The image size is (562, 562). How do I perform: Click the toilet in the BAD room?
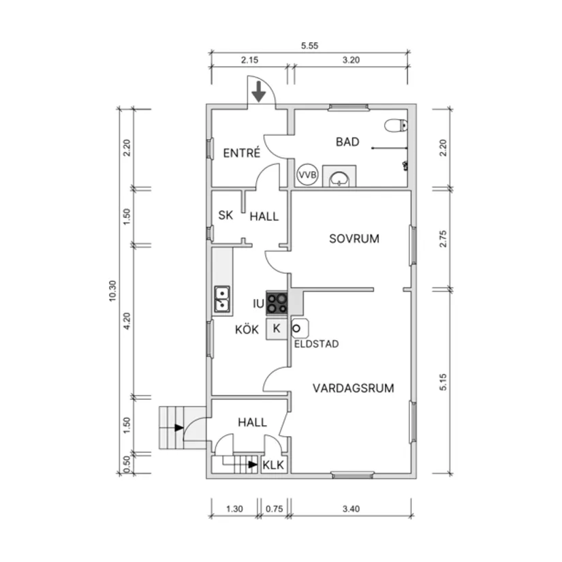click(x=396, y=125)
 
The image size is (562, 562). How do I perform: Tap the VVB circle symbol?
click(x=307, y=174)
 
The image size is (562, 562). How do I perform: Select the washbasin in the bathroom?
click(x=339, y=179)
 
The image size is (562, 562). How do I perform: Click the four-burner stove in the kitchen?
click(x=277, y=303)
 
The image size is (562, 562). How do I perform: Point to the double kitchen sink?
click(x=222, y=299)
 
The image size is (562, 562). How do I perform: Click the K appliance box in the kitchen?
click(x=277, y=328)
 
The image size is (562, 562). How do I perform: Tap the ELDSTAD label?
click(x=317, y=344)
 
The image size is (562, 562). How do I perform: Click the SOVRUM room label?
click(x=354, y=238)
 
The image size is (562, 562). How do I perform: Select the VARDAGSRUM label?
click(x=353, y=388)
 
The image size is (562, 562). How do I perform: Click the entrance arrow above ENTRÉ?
click(x=258, y=92)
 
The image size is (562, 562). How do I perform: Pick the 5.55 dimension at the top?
click(x=309, y=46)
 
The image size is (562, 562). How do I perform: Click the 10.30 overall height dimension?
click(x=112, y=291)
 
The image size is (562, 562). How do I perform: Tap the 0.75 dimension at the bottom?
click(x=275, y=509)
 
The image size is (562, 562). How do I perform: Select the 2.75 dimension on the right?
click(x=443, y=238)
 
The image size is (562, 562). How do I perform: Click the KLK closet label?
click(x=273, y=465)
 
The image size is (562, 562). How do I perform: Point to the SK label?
click(x=225, y=215)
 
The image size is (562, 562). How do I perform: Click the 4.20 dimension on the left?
click(x=127, y=321)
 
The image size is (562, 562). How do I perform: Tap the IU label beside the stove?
click(x=258, y=304)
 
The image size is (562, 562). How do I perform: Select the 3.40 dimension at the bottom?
click(x=351, y=509)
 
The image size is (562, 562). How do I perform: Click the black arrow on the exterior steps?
click(x=179, y=428)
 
